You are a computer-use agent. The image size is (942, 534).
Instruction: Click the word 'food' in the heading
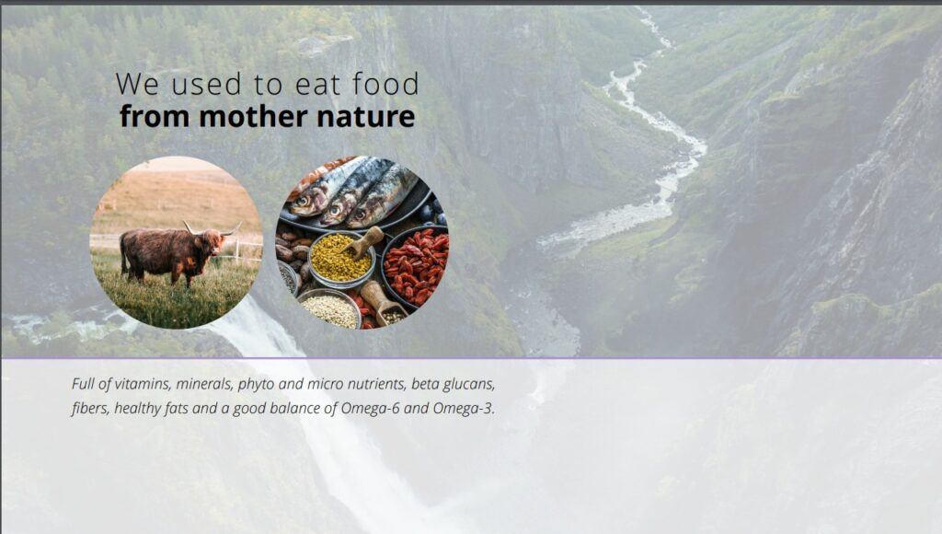(385, 84)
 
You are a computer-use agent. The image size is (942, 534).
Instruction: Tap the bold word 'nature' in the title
(365, 117)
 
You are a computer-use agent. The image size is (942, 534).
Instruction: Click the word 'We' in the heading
(138, 84)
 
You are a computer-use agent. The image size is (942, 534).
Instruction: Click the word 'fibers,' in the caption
(91, 409)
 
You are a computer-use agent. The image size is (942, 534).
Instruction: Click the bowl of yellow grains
(340, 260)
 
